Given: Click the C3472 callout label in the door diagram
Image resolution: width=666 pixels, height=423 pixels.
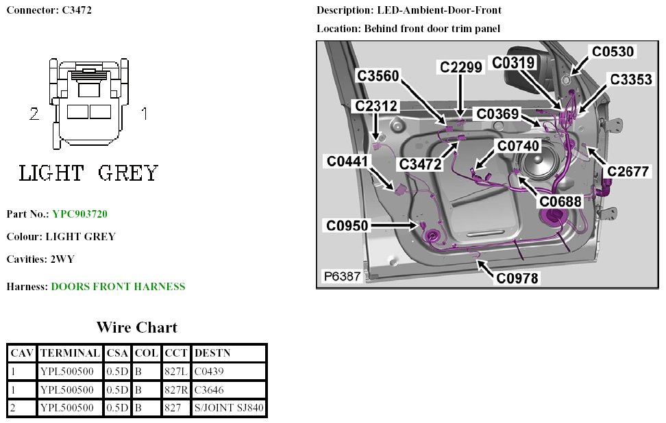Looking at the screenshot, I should point(421,164).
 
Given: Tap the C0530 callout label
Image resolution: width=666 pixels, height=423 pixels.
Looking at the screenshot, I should point(613,51).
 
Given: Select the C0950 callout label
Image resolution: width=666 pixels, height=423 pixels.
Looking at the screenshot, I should point(347,225).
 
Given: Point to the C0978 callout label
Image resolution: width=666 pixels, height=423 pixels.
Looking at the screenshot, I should point(517,278).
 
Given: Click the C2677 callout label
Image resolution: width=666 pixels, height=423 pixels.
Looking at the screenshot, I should point(628,172).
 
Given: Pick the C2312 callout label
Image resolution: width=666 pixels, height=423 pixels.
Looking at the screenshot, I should point(375,106).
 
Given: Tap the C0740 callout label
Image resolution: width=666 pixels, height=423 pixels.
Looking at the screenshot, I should point(518,146).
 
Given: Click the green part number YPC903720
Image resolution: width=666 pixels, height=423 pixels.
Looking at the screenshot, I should point(79,214).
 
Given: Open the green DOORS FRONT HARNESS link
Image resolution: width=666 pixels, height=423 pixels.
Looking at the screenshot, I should point(118,287).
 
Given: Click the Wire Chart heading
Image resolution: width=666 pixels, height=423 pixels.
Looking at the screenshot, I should point(136,327).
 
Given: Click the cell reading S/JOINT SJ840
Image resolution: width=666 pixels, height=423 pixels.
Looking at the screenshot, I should point(229,409).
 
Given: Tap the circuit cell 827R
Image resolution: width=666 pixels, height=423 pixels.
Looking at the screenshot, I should point(175,390).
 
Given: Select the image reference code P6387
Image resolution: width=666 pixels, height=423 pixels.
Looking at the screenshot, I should point(342,277).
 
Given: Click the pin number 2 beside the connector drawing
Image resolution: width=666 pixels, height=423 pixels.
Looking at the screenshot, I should point(34,114).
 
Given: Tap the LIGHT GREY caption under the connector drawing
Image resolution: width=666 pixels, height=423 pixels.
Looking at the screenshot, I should point(88,173).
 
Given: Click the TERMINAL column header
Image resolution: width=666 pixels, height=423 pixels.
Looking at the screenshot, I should point(70,353).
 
